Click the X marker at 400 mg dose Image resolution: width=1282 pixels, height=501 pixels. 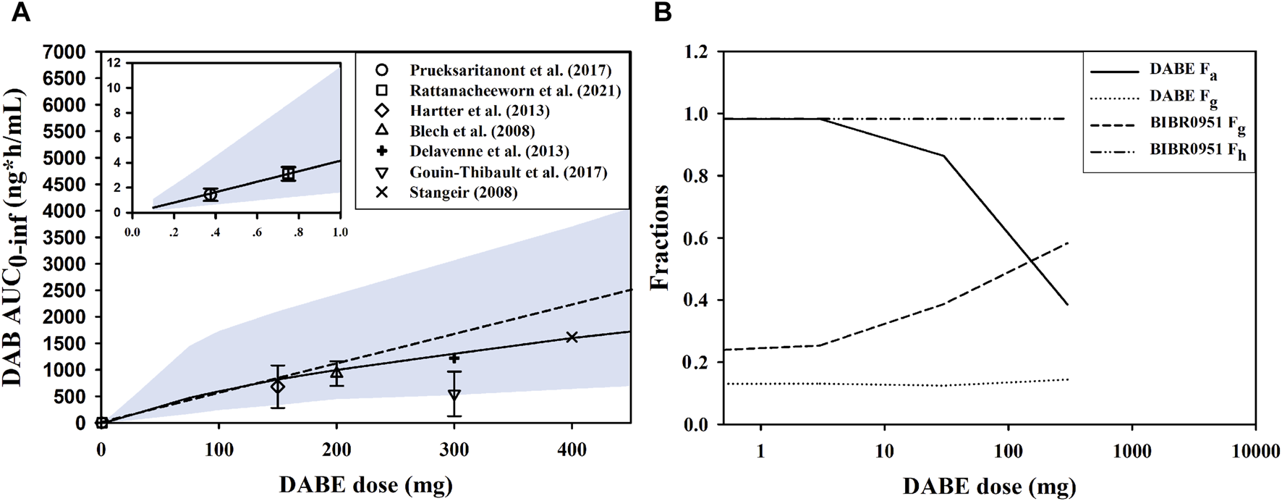pyautogui.click(x=572, y=337)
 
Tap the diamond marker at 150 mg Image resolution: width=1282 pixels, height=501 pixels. pyautogui.click(x=278, y=387)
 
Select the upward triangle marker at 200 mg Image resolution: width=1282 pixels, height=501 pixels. pyautogui.click(x=336, y=372)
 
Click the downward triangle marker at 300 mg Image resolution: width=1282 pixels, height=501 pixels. pyautogui.click(x=454, y=395)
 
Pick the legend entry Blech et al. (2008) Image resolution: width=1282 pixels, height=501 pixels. pyautogui.click(x=472, y=131)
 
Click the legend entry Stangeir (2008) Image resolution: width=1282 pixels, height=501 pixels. pyautogui.click(x=463, y=192)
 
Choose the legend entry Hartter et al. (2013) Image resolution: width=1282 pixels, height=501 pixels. pyautogui.click(x=479, y=111)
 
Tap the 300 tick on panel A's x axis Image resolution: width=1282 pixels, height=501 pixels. pyautogui.click(x=454, y=450)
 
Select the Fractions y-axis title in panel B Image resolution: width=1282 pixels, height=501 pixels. pyautogui.click(x=659, y=237)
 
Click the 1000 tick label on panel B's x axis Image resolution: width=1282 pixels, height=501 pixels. pyautogui.click(x=1131, y=452)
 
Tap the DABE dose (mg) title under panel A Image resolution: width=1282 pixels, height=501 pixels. pyautogui.click(x=365, y=483)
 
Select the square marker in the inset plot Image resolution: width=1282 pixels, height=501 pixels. pyautogui.click(x=289, y=174)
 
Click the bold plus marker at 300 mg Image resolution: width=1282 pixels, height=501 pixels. pyautogui.click(x=454, y=358)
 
